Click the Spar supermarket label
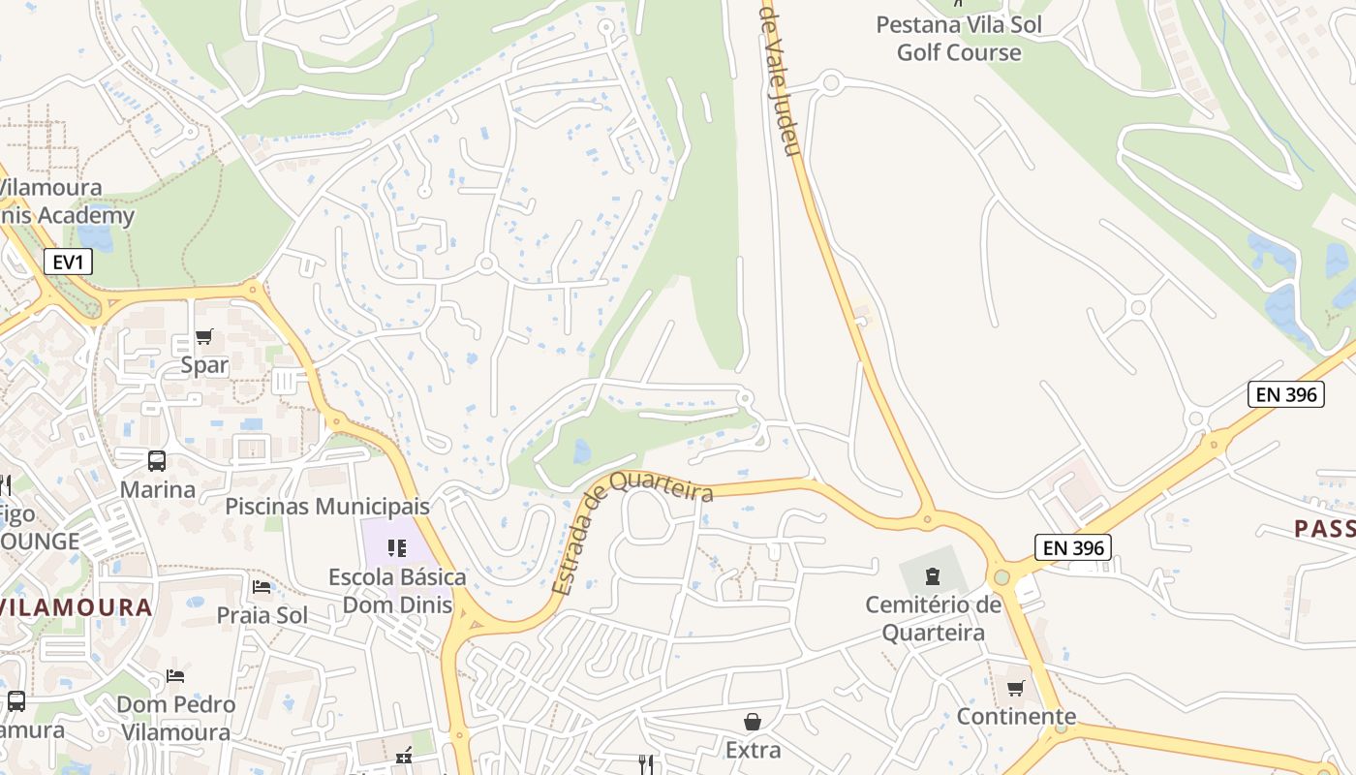[204, 365]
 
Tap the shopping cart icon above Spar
[204, 337]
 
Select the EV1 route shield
[68, 261]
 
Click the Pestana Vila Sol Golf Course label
[959, 39]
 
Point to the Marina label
[158, 489]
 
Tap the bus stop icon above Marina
[157, 461]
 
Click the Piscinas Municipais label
[327, 507]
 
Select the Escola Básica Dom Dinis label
[397, 591]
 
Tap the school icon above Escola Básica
[397, 549]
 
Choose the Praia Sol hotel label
[262, 615]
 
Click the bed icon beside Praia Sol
[262, 587]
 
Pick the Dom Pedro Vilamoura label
[176, 718]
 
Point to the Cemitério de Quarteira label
[933, 619]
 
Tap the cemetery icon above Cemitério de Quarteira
[933, 577]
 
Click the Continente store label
[1016, 717]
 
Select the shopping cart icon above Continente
[1016, 689]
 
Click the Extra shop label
[753, 750]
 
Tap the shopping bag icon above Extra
[753, 722]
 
